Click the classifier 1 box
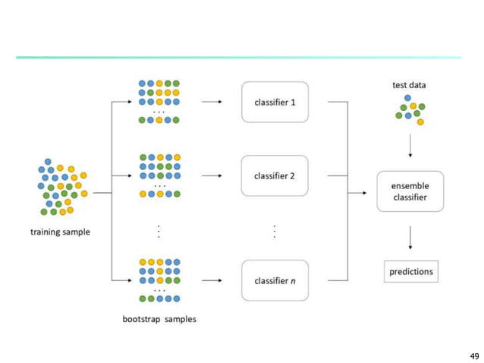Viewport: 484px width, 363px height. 275,102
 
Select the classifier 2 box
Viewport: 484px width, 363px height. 275,175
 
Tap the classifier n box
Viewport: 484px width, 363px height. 275,280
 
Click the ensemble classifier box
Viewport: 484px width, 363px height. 410,191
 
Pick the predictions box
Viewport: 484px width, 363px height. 410,271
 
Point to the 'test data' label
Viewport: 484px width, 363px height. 409,85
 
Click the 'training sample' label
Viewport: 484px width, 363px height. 60,232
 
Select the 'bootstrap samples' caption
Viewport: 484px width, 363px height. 159,319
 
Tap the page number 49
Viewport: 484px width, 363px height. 474,355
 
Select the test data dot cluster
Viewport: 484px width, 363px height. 410,109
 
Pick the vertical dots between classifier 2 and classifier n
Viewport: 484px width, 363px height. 274,232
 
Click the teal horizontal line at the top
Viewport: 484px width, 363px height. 238,57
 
